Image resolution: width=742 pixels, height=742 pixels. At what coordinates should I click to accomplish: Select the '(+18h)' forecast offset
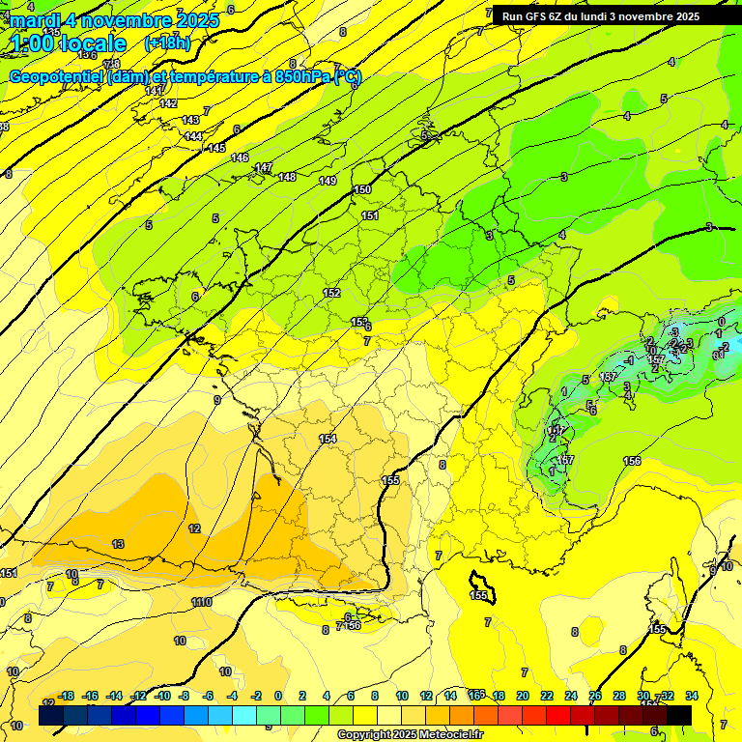coord(167,43)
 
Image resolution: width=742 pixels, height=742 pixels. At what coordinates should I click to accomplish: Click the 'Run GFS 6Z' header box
coord(600,16)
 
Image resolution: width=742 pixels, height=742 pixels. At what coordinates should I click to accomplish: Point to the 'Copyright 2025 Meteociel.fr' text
coord(410,734)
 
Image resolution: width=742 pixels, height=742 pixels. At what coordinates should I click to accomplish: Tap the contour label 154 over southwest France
coord(328,440)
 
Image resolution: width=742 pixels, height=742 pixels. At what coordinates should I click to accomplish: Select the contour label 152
coord(331,293)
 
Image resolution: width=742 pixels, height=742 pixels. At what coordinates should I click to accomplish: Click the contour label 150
coord(362,190)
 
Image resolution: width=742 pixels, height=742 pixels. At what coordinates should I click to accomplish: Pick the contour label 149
coord(328,181)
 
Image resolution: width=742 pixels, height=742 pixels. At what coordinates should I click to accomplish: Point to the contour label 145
coord(216,148)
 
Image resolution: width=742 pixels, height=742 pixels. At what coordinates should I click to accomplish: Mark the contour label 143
coord(190,120)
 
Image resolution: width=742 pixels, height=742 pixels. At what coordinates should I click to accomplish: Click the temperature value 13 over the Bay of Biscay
coord(118,544)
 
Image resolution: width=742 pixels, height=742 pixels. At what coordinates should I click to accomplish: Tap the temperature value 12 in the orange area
coord(194,528)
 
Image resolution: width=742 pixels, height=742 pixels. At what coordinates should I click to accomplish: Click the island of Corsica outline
coord(481,585)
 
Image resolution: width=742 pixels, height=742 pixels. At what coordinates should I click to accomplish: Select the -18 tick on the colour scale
coord(67,696)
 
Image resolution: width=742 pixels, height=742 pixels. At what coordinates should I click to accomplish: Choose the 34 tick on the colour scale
coord(691,696)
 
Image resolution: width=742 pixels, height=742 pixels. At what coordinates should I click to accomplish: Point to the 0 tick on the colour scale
coord(278,696)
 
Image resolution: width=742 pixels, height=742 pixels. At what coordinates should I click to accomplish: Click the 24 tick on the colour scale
coord(571,696)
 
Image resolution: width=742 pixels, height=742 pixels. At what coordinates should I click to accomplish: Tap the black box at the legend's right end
coord(679,715)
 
